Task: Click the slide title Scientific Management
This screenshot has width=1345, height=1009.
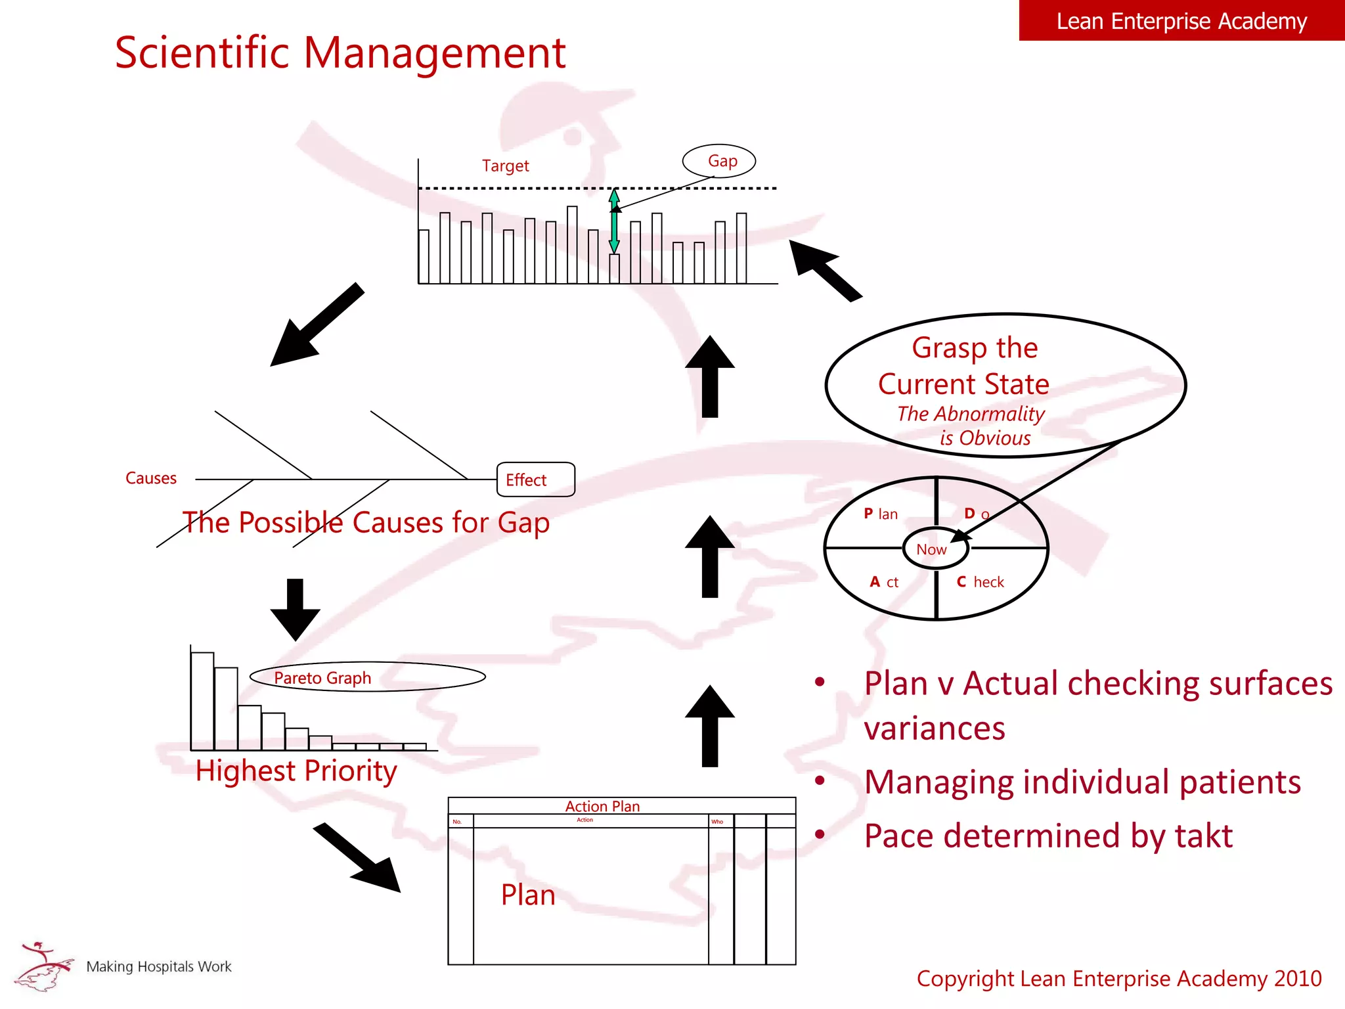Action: click(x=340, y=53)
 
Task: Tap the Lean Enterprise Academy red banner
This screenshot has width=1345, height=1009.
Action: click(x=1181, y=21)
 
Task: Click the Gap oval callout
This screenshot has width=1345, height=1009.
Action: click(x=719, y=161)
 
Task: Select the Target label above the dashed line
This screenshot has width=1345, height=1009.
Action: click(x=505, y=166)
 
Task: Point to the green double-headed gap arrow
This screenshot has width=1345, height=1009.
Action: click(x=614, y=221)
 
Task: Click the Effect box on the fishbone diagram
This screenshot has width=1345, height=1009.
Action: click(x=535, y=480)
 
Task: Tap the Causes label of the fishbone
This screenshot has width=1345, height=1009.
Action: click(x=151, y=478)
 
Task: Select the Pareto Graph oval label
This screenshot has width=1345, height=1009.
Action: click(x=367, y=677)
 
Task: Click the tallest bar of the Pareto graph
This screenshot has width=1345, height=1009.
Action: click(x=202, y=700)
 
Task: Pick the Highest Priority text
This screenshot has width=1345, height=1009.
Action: click(x=296, y=771)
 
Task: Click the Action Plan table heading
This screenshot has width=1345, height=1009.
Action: click(x=602, y=806)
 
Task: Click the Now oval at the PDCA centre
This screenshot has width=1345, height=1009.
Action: click(x=934, y=549)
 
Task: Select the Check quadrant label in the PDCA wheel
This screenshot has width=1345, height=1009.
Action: click(x=981, y=582)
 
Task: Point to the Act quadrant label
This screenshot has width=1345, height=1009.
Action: click(x=884, y=582)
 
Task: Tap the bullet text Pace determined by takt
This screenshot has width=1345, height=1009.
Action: click(x=1048, y=836)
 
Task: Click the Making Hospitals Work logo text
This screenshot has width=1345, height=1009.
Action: click(x=159, y=966)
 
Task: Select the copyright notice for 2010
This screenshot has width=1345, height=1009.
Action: click(x=1118, y=978)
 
